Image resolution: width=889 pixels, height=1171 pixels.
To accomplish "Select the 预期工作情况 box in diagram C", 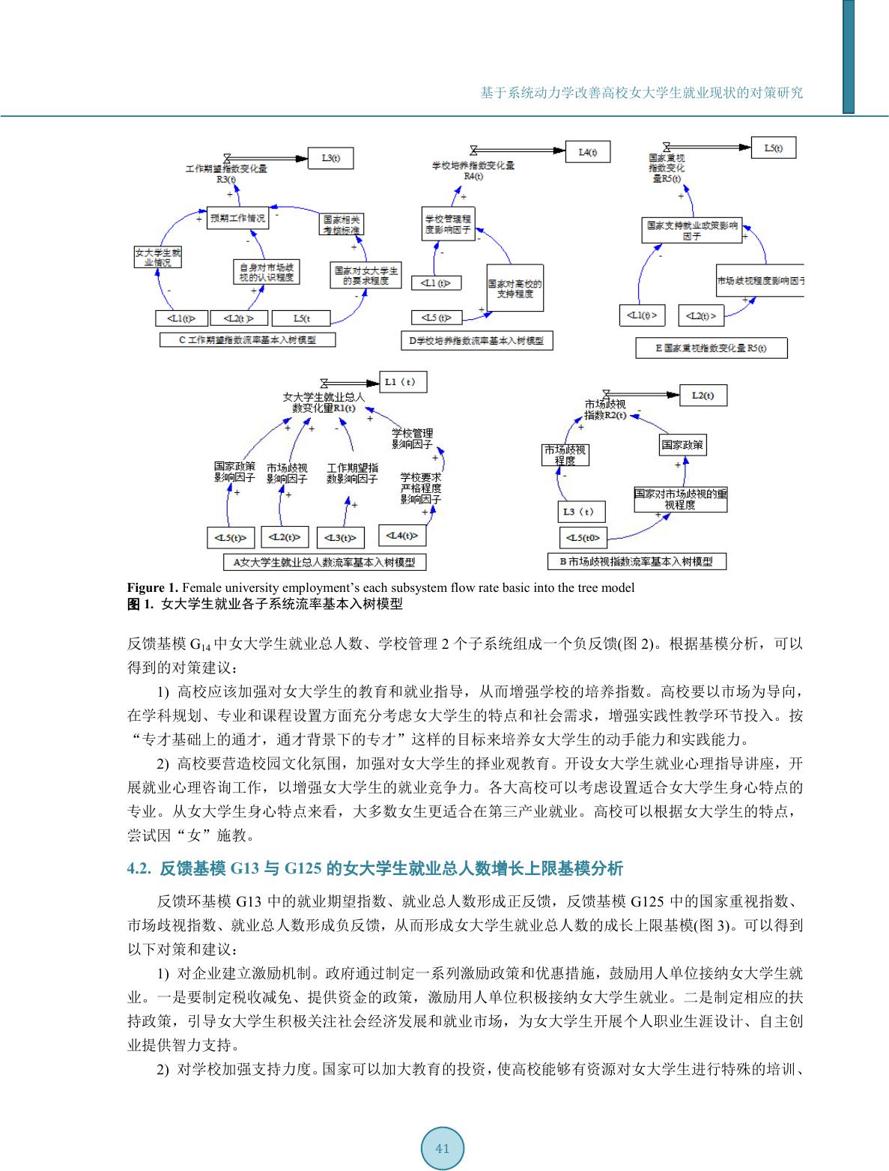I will pos(237,219).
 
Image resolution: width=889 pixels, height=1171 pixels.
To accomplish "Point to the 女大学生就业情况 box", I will pos(157,257).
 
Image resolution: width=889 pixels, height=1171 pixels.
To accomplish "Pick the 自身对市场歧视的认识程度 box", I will pos(266,272).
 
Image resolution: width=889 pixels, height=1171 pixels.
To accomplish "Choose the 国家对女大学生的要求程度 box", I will pos(365,275).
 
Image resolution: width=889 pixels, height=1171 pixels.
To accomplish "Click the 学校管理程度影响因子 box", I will pos(448,224).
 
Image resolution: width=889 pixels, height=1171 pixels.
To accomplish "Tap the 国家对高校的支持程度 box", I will pos(515,288).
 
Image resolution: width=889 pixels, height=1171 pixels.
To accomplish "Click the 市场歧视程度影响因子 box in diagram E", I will pos(759,282).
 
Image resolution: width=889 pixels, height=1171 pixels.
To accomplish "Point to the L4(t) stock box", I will pos(587,152).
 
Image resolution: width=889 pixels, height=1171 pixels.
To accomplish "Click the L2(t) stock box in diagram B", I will pos(703,395).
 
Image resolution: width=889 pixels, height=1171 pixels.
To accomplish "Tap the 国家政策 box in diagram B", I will pos(682,445).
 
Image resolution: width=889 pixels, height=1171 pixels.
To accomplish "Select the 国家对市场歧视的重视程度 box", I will pos(680,499).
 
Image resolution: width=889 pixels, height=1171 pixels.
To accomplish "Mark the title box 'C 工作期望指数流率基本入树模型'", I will pos(247,339).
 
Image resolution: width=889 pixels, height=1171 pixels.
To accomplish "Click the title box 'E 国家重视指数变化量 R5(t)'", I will pos(711,348).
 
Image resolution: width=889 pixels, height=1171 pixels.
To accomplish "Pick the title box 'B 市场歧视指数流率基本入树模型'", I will pos(637,560).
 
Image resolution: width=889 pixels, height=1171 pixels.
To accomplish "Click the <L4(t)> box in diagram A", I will pos(401,536).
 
